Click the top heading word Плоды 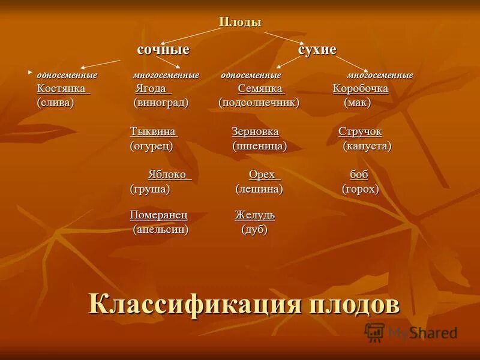click(240, 22)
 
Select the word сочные click(163, 50)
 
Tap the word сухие click(317, 50)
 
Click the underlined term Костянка click(63, 89)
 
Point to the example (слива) click(55, 103)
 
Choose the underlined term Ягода click(153, 89)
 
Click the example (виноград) click(161, 103)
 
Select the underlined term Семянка click(260, 89)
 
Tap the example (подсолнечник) click(259, 103)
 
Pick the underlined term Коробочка click(361, 89)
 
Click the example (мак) click(358, 103)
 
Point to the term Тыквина click(153, 132)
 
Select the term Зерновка click(255, 132)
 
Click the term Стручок click(360, 132)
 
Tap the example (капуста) click(367, 146)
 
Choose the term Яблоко click(169, 175)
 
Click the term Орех click(263, 175)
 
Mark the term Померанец click(159, 215)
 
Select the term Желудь click(254, 215)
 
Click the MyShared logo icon click(374, 332)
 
